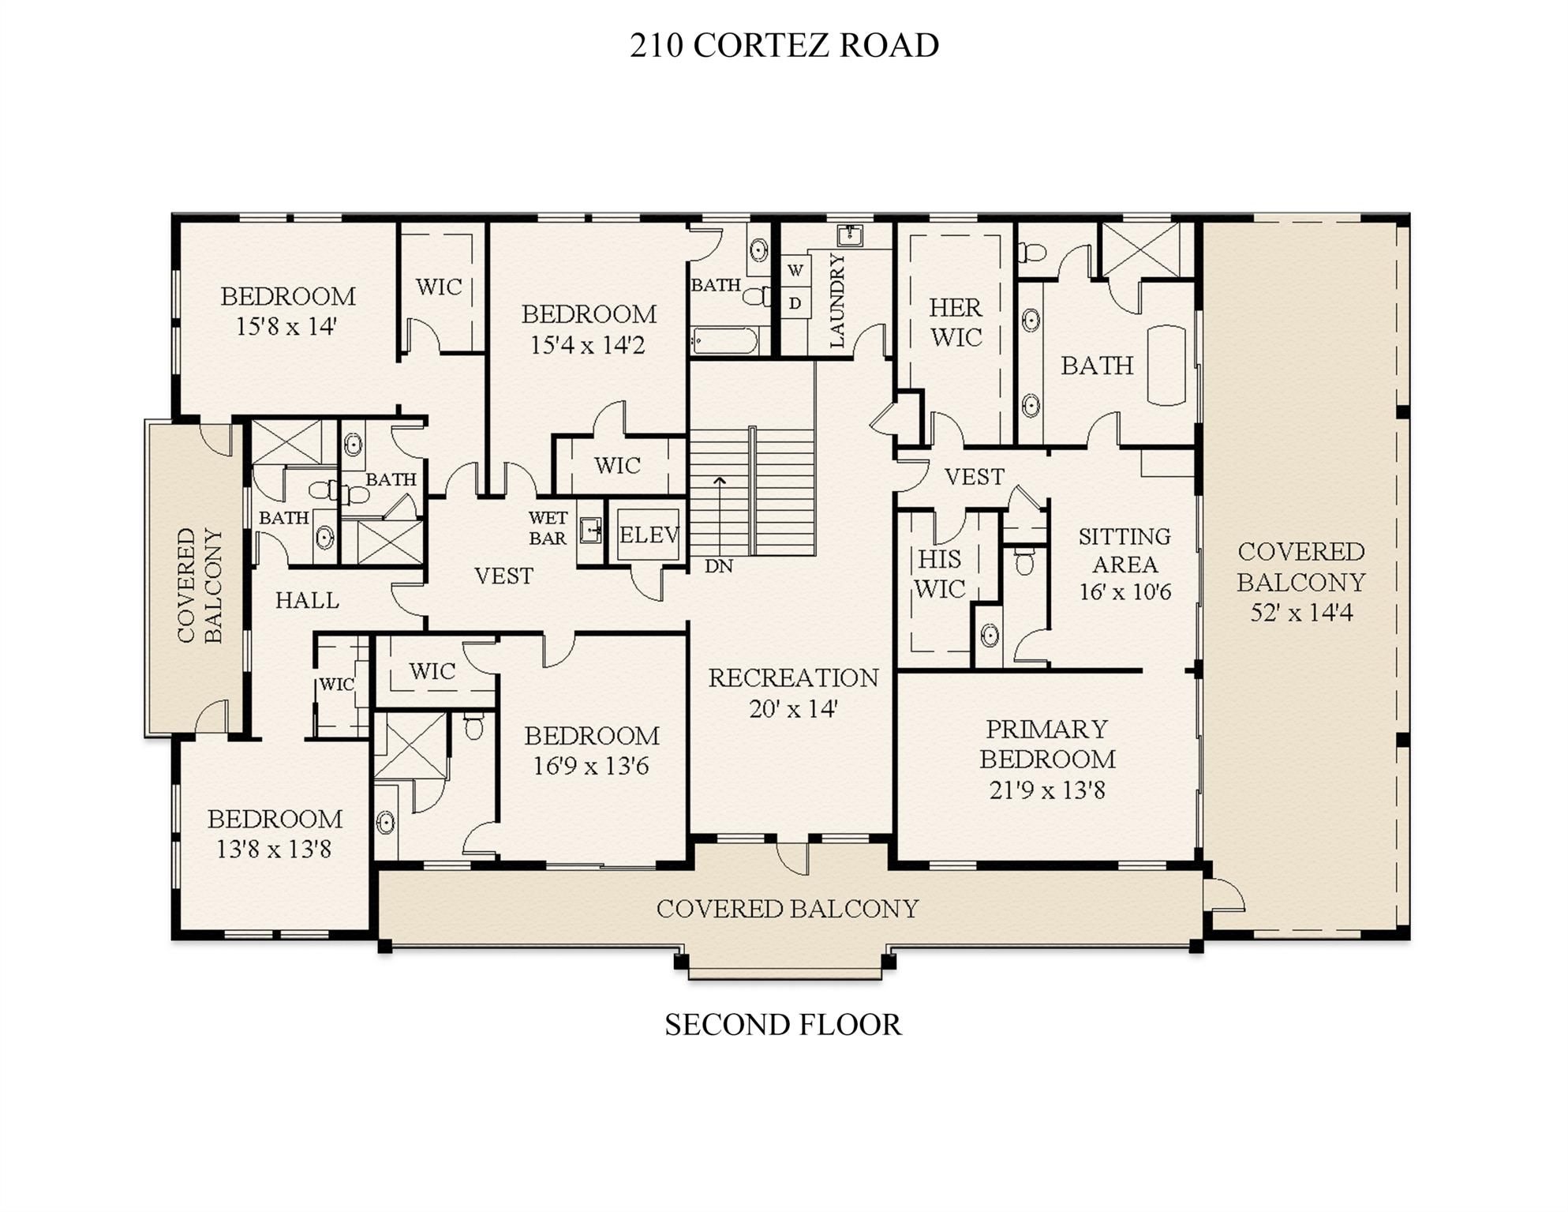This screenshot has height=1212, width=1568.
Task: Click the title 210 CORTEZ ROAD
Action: [x=784, y=45]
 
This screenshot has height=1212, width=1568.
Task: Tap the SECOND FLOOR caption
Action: [x=782, y=1024]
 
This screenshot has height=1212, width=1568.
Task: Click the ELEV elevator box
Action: [x=648, y=535]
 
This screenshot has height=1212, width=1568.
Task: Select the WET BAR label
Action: [x=548, y=527]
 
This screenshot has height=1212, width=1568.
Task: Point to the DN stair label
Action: [x=718, y=566]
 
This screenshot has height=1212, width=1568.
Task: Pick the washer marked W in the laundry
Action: [x=795, y=270]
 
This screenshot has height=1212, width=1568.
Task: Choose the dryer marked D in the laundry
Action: [x=795, y=303]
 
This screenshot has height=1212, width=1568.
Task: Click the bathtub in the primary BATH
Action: [x=1166, y=365]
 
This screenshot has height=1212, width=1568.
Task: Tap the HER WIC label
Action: [x=955, y=322]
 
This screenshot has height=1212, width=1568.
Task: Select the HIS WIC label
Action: [x=939, y=574]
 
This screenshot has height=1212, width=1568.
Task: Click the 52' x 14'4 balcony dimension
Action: [x=1300, y=613]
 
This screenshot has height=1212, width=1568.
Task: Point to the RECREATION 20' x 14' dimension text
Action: [x=792, y=709]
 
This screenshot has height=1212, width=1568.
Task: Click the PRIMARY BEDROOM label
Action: [x=1047, y=744]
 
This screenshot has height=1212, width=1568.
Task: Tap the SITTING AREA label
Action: [x=1125, y=550]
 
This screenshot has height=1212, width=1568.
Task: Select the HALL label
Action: [x=307, y=601]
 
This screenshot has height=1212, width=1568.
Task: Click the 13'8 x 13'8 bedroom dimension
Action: [x=274, y=850]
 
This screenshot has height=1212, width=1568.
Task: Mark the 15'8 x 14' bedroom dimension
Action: [x=286, y=326]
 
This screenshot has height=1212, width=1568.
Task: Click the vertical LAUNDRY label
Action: [x=836, y=300]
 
